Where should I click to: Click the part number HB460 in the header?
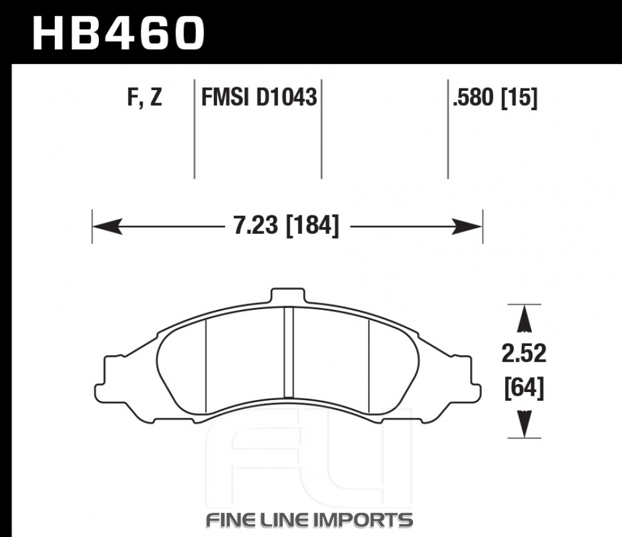[118, 33]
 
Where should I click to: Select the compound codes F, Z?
[145, 97]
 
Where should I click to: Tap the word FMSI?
[225, 97]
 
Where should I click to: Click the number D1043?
[286, 97]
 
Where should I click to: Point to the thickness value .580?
[473, 97]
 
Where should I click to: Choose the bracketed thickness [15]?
[519, 98]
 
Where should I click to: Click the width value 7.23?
[256, 225]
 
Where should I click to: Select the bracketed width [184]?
[313, 226]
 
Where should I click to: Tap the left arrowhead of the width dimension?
[107, 226]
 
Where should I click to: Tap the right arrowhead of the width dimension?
[467, 226]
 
